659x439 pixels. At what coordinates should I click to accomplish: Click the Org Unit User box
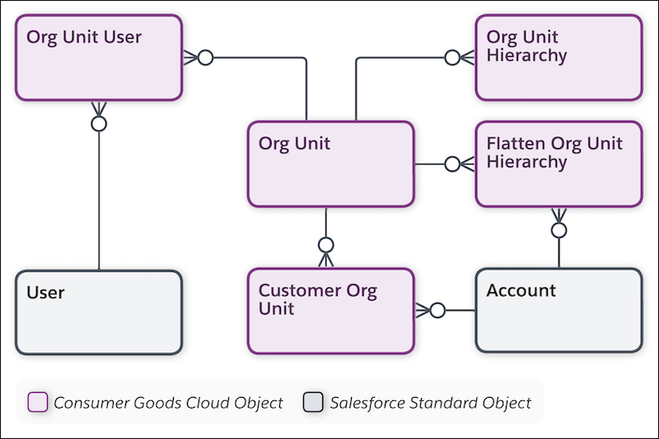[98, 58]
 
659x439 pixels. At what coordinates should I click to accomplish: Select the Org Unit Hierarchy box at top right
[559, 58]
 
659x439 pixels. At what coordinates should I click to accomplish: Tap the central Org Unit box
[330, 164]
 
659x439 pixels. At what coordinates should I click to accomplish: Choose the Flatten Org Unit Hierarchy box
[559, 164]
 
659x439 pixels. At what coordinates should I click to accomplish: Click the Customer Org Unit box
[330, 311]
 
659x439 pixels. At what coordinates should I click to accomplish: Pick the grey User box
[98, 312]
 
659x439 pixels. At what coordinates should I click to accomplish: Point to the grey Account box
[559, 311]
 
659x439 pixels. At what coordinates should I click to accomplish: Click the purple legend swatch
[38, 403]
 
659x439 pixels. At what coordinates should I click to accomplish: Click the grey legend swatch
[313, 403]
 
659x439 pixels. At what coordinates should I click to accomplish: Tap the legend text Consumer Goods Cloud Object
[168, 403]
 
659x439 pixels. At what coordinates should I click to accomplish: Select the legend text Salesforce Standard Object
[430, 403]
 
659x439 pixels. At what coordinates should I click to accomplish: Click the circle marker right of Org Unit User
[206, 58]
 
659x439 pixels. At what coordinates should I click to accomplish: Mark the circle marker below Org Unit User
[99, 124]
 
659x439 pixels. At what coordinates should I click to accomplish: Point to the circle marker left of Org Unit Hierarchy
[452, 58]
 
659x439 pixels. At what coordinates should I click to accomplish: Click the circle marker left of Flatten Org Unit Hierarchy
[452, 164]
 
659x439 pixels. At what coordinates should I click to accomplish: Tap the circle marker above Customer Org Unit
[326, 245]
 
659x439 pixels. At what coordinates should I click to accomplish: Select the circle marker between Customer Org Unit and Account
[437, 311]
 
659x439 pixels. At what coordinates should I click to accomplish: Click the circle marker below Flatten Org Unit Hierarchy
[559, 230]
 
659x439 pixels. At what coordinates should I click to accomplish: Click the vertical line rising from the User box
[99, 206]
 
